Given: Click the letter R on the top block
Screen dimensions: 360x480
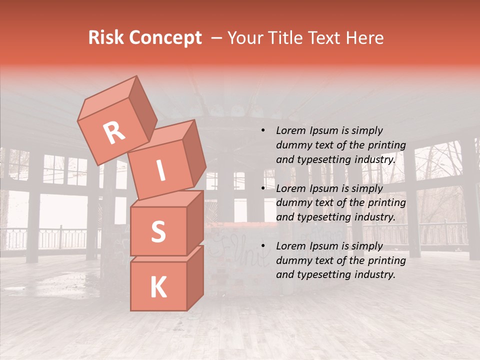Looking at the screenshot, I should click(x=114, y=133).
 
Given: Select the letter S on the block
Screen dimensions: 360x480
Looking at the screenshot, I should click(x=158, y=231).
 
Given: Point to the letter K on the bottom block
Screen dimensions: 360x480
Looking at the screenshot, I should click(x=158, y=287).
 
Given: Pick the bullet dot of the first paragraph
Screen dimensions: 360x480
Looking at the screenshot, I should click(x=263, y=130).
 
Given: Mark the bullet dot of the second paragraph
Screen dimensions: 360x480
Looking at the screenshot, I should click(x=263, y=188).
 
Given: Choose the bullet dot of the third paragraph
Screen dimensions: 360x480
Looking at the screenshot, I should click(x=263, y=246).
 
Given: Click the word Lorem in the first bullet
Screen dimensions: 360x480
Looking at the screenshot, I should click(x=290, y=130).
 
